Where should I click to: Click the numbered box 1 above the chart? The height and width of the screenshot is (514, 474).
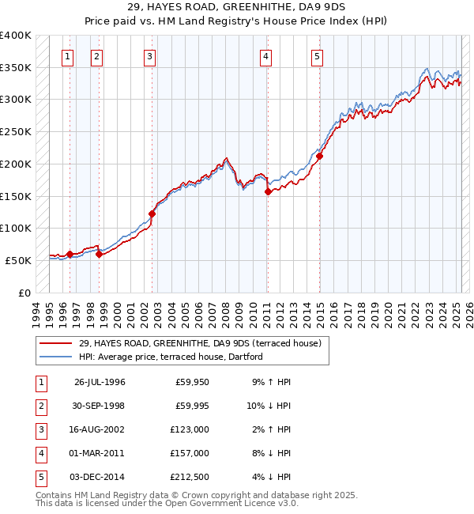68,56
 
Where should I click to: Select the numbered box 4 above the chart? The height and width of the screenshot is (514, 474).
267,56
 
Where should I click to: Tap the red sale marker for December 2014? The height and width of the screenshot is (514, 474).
320,157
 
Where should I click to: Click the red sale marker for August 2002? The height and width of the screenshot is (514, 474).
152,214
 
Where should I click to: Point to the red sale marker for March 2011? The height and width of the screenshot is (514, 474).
268,191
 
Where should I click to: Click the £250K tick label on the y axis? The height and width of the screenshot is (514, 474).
16,132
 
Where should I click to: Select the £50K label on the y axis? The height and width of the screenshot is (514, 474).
19,260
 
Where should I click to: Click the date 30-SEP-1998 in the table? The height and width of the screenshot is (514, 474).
100,406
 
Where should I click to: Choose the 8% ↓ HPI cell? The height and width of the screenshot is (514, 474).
272,453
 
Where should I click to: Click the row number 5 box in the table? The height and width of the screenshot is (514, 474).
40,477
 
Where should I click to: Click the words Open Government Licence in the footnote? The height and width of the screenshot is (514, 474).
228,504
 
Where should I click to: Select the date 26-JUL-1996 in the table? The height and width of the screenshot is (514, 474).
100,382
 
